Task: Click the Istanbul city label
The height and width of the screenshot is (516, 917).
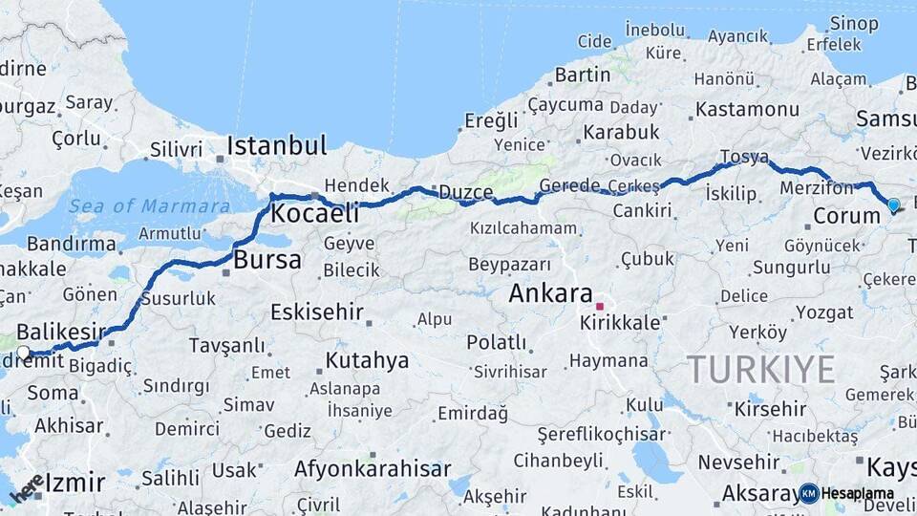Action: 277,146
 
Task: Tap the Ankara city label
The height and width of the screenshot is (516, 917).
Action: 551,292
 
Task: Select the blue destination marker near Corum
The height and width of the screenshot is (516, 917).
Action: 893,204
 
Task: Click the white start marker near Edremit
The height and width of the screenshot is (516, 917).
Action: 24,353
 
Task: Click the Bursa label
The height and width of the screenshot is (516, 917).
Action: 267,259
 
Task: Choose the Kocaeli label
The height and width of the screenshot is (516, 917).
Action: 314,213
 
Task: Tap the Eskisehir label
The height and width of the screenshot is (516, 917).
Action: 317,312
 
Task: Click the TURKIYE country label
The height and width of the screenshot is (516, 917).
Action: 761,369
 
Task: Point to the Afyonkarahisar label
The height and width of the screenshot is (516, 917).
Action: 373,469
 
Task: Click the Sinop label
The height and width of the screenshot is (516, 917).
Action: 854,24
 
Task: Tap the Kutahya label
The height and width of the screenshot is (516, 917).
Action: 367,360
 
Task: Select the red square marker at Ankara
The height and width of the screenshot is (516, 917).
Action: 600,307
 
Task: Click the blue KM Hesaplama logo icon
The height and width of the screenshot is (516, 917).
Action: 809,493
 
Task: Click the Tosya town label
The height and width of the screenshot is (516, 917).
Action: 744,157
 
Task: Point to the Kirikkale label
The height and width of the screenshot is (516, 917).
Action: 620,323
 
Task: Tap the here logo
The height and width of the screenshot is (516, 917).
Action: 27,488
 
